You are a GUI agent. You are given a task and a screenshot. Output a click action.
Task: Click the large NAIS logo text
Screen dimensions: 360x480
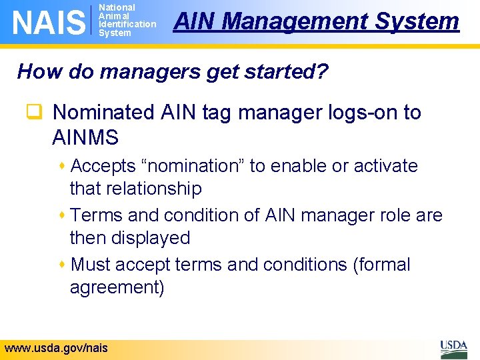pyautogui.click(x=49, y=23)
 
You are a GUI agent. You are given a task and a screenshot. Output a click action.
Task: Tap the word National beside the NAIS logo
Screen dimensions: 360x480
pyautogui.click(x=117, y=7)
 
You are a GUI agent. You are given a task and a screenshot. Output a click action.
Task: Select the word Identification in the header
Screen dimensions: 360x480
pyautogui.click(x=127, y=24)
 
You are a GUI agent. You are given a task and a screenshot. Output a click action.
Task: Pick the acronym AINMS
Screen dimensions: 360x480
pyautogui.click(x=85, y=138)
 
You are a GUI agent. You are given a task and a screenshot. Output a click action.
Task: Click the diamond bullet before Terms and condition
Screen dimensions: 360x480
pyautogui.click(x=63, y=215)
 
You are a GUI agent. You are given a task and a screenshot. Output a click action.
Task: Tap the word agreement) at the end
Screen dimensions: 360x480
pyautogui.click(x=117, y=287)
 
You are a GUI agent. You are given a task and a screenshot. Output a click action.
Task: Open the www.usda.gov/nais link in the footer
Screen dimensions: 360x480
pyautogui.click(x=55, y=348)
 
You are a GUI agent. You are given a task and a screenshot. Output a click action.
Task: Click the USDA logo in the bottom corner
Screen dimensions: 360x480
pyautogui.click(x=453, y=348)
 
